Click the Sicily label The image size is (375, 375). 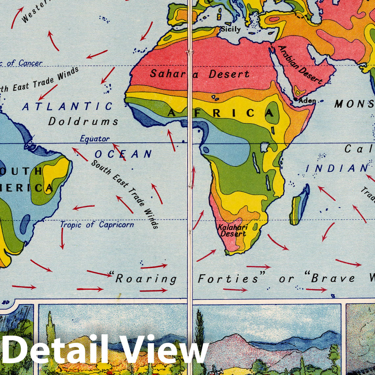coord(231,29)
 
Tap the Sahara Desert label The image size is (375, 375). coord(199,74)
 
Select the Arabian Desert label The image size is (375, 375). coord(300,65)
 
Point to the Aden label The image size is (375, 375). coord(307,101)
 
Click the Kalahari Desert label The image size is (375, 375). coord(233,230)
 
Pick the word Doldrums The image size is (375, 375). coord(83,121)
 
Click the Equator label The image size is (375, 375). coord(95,139)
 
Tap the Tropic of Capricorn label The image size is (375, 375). coord(97,225)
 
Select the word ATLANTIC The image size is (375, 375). coord(67,106)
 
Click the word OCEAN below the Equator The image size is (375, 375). coord(123,154)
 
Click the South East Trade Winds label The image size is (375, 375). coord(125,194)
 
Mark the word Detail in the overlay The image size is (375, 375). coord(54,349)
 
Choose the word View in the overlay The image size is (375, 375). coord(162,349)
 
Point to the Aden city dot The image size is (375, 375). coord(296,99)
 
